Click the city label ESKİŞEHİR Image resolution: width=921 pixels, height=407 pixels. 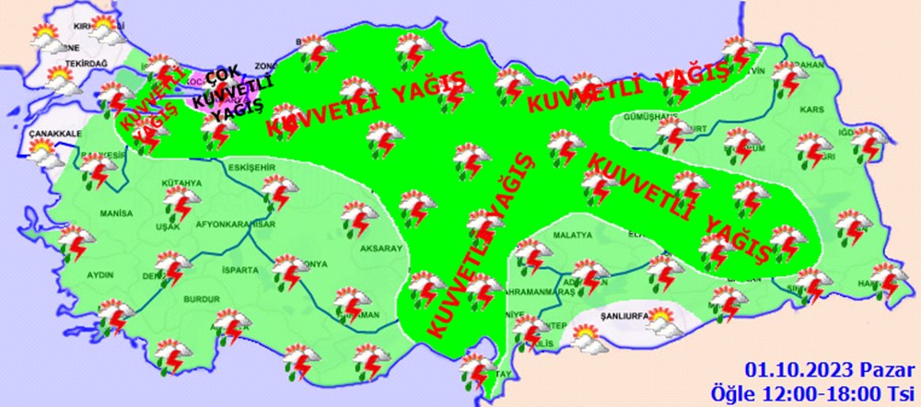coord(251,168)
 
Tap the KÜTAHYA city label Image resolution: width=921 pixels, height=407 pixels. coord(181,183)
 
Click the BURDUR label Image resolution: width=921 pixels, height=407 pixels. coord(200,300)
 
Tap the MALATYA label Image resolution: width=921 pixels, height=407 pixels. coord(571,236)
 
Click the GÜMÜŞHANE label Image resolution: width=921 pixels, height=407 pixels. coord(651,117)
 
